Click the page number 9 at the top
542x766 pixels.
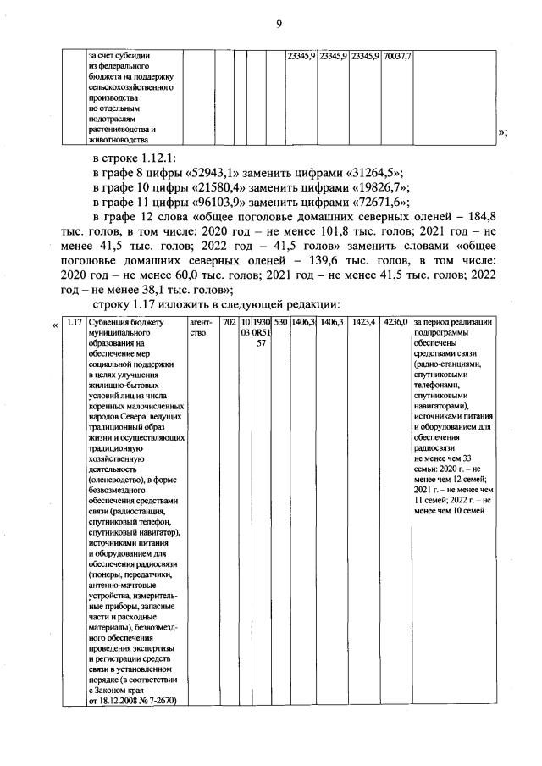(x=278, y=25)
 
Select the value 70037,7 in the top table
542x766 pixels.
(x=397, y=56)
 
